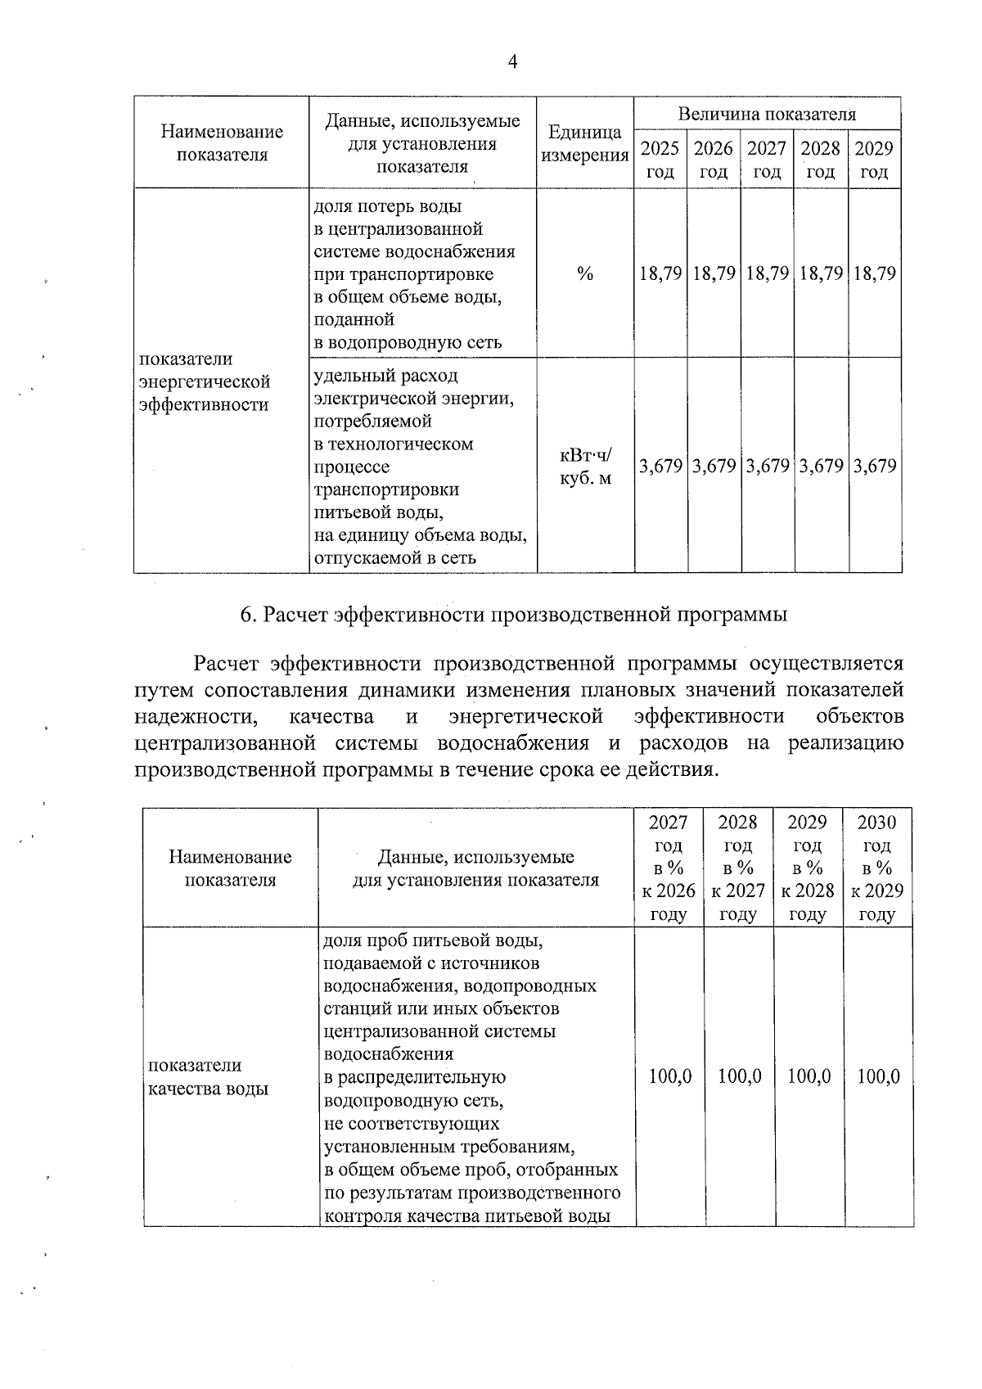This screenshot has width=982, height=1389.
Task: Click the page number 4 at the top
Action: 513,63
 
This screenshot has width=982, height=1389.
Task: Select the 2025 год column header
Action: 660,160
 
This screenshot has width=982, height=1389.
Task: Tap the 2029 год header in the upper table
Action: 874,160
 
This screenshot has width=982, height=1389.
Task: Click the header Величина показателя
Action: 767,114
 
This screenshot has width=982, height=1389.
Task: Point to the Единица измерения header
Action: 584,143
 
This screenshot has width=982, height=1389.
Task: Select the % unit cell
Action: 584,274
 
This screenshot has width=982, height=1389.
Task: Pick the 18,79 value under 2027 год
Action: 767,273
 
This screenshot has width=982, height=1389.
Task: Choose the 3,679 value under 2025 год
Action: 660,467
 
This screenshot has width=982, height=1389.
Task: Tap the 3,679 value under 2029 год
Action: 874,467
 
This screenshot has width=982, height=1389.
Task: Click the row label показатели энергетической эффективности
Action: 204,381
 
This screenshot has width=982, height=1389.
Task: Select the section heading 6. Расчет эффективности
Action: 513,615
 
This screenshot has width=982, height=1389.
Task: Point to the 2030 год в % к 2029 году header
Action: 877,868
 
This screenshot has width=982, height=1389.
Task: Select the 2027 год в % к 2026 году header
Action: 669,868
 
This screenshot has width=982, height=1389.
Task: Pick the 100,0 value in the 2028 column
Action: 739,1076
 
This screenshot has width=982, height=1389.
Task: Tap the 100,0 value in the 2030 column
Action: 878,1076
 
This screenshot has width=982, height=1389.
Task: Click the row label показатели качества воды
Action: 207,1076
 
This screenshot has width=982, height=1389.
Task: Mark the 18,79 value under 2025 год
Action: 660,273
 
